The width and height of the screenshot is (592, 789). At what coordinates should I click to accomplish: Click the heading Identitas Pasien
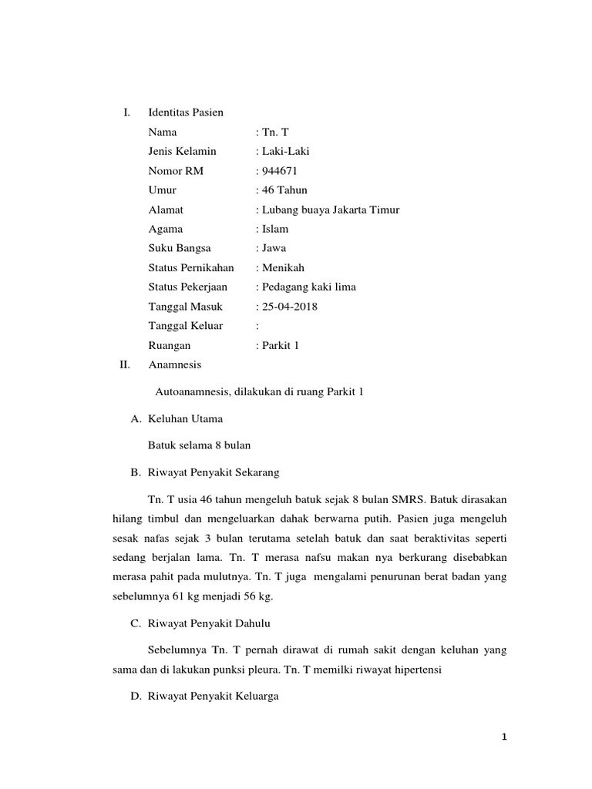click(x=186, y=112)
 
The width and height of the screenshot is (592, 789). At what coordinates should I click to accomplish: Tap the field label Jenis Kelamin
click(x=182, y=152)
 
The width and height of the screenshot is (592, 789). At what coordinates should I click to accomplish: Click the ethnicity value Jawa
click(x=274, y=248)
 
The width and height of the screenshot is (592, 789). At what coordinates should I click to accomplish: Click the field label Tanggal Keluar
click(x=185, y=326)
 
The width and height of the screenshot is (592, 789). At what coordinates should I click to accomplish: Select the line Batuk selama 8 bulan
click(x=200, y=445)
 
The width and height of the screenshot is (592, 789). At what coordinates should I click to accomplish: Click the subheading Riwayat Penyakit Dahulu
click(x=208, y=623)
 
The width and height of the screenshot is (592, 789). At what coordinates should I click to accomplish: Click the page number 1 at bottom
click(x=504, y=737)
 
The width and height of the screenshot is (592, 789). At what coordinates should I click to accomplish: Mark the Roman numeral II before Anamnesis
click(x=125, y=364)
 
